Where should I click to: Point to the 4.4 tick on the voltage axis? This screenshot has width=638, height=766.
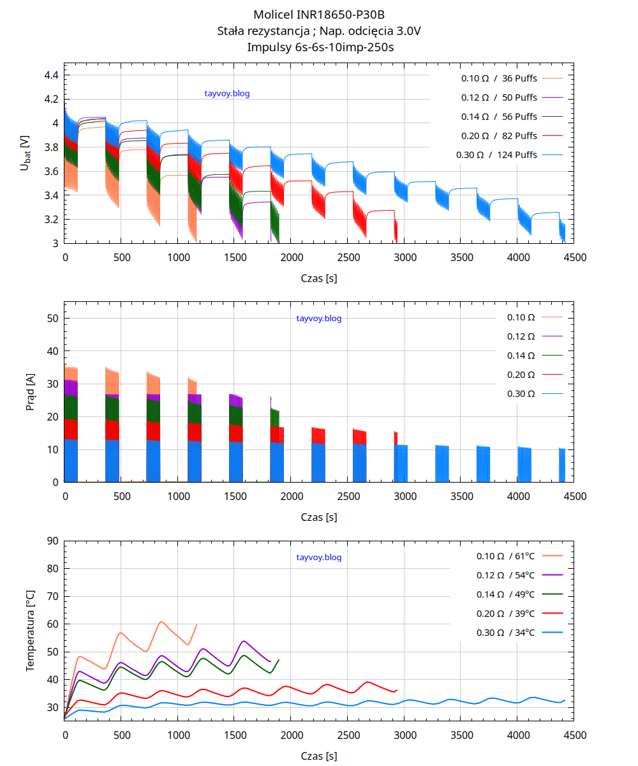tap(51, 75)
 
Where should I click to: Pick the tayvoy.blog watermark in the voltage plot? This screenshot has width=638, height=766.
tap(226, 94)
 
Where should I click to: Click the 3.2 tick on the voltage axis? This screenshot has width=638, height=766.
tap(51, 219)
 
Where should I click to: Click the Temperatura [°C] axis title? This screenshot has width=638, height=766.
tap(30, 630)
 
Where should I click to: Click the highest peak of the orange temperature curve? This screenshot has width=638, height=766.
tap(161, 622)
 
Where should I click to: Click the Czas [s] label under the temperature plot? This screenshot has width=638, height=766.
tap(319, 756)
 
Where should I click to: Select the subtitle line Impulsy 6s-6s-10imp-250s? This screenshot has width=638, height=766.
tap(319, 47)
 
